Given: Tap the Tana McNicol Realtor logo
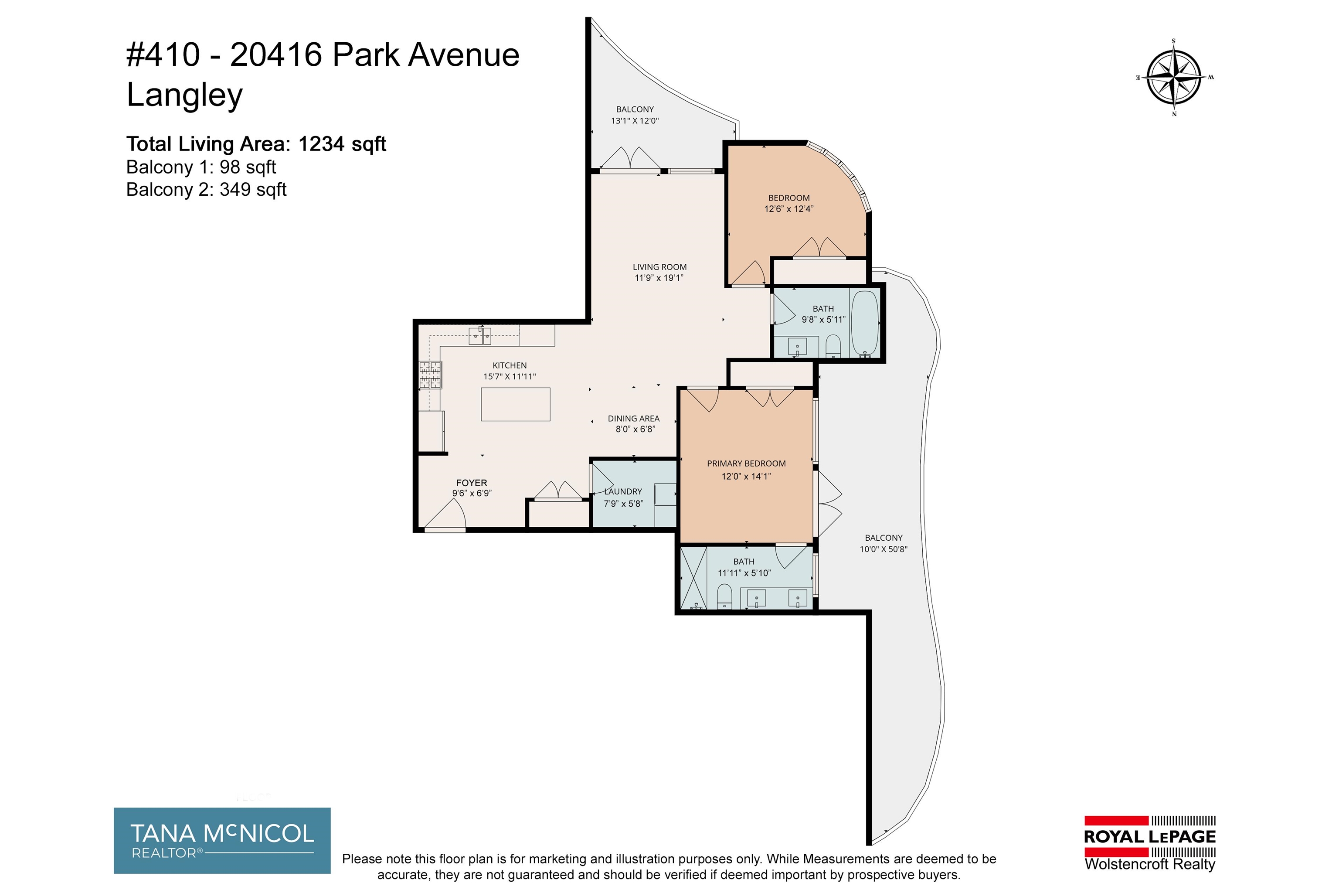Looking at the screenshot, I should point(222,840).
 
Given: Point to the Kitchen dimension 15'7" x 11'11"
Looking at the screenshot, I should point(510,376).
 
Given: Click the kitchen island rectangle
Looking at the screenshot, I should point(515,404).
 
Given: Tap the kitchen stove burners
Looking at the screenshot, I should point(430,375).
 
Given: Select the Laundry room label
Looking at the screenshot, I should point(623,491).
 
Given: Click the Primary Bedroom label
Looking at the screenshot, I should point(746,464).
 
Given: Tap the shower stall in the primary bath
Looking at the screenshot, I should point(693,577).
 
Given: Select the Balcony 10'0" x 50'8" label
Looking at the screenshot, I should point(884,543).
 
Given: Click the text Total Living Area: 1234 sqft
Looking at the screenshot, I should point(256,144).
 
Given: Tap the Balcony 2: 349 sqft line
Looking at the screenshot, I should point(206,189).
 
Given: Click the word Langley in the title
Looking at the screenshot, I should point(184,95).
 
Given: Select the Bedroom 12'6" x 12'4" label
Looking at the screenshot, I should point(788,203).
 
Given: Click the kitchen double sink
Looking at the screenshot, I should point(479,337).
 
